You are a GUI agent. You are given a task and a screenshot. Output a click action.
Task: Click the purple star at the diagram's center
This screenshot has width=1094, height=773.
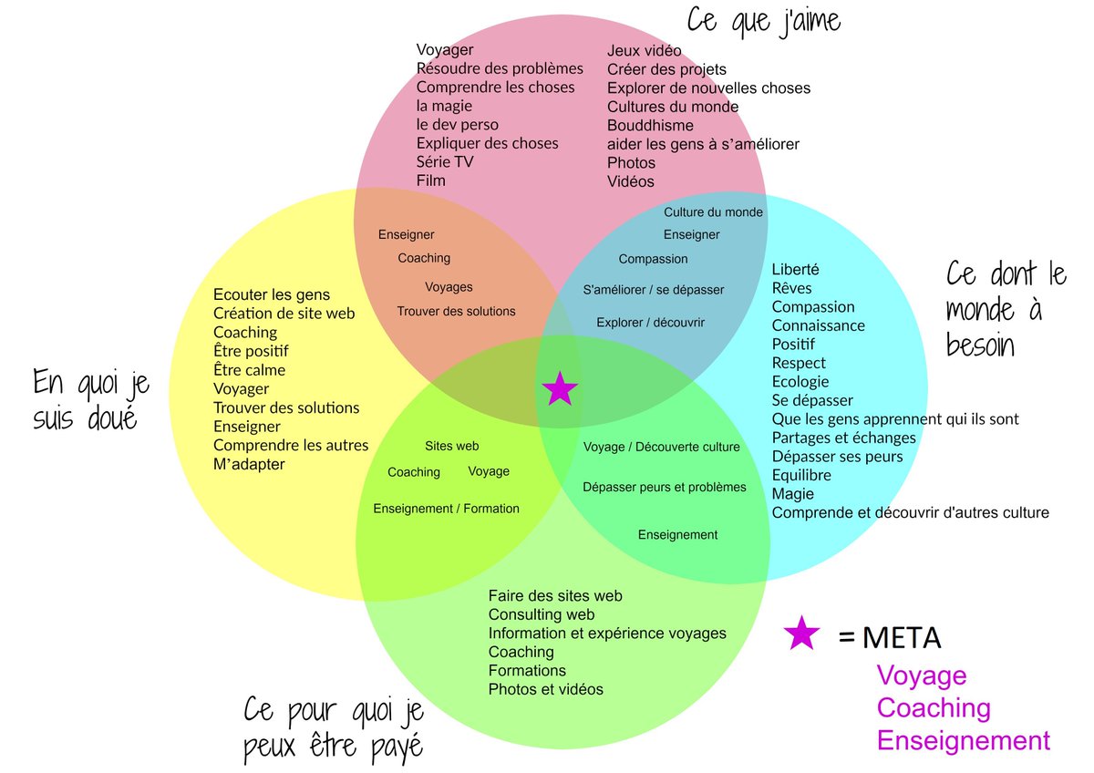click(560, 389)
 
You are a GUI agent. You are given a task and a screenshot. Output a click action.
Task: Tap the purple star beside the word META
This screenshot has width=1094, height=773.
click(801, 634)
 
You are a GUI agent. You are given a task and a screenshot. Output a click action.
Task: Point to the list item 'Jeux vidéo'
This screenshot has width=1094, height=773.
click(644, 50)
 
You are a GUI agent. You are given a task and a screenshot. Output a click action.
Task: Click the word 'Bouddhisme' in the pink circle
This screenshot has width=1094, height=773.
click(650, 125)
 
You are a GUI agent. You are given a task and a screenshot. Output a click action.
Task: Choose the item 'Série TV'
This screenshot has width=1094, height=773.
click(445, 161)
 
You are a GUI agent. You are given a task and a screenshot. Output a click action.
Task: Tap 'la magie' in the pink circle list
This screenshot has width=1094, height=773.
click(444, 106)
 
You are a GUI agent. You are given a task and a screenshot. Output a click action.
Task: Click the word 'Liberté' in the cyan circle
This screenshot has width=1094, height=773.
click(795, 270)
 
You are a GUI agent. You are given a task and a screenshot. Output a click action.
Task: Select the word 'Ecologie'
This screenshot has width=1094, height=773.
click(800, 382)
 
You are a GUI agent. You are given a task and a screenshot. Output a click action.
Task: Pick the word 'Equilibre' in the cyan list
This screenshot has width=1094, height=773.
click(801, 475)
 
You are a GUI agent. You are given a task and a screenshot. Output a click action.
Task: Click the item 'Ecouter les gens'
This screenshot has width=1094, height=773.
click(272, 294)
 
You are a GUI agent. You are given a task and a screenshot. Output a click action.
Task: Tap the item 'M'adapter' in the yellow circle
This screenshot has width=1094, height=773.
click(249, 464)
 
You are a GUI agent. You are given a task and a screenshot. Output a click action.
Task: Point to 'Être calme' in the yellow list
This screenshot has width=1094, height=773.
click(249, 370)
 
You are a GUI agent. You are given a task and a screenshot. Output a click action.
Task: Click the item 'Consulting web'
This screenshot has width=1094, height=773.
click(542, 614)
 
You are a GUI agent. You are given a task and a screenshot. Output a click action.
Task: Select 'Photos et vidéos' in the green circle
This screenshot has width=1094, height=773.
click(545, 689)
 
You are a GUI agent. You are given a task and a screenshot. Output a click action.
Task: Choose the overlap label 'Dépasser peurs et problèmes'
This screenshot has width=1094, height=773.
click(665, 487)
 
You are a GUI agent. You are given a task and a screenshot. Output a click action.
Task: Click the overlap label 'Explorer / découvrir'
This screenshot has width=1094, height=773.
click(650, 322)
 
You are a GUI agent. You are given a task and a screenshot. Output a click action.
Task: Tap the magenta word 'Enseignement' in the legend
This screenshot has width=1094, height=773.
click(963, 740)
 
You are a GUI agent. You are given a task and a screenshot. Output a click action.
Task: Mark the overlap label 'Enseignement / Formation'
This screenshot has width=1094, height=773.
click(446, 508)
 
